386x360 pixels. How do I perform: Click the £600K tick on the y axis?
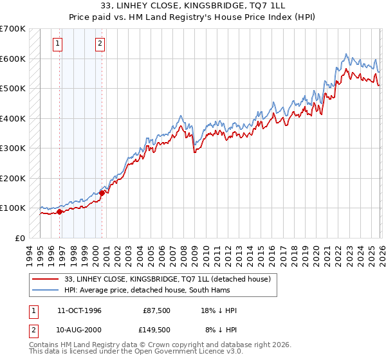pos(13,59)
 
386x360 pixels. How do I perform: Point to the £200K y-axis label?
pos(13,178)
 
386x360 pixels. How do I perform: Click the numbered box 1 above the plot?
pos(58,44)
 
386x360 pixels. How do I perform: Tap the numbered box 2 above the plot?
pos(101,44)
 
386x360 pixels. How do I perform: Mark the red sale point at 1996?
pos(59,212)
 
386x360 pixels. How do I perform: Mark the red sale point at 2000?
pos(102,193)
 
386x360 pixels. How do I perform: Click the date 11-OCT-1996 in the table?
pos(79,310)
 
